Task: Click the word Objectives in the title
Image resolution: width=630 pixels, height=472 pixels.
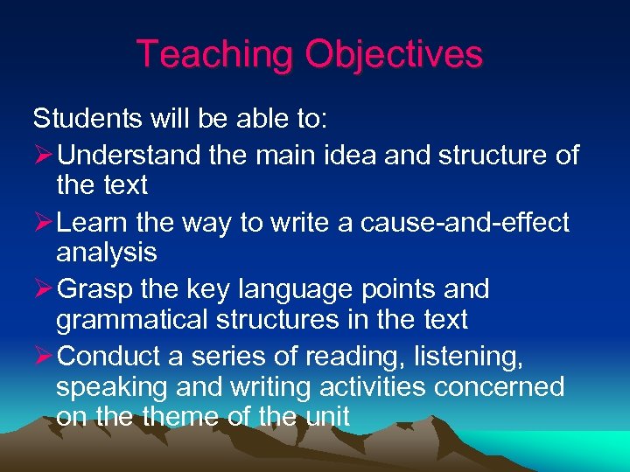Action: [394, 54]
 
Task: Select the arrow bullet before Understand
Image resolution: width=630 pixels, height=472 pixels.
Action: [43, 155]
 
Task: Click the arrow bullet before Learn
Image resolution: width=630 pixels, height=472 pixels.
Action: [43, 223]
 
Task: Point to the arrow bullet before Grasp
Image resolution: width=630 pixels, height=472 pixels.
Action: [43, 289]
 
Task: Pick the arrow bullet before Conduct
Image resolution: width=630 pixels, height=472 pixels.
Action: [43, 356]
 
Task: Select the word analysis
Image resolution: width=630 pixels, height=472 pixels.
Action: [106, 253]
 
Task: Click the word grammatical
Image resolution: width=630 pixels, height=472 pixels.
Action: [128, 321]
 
